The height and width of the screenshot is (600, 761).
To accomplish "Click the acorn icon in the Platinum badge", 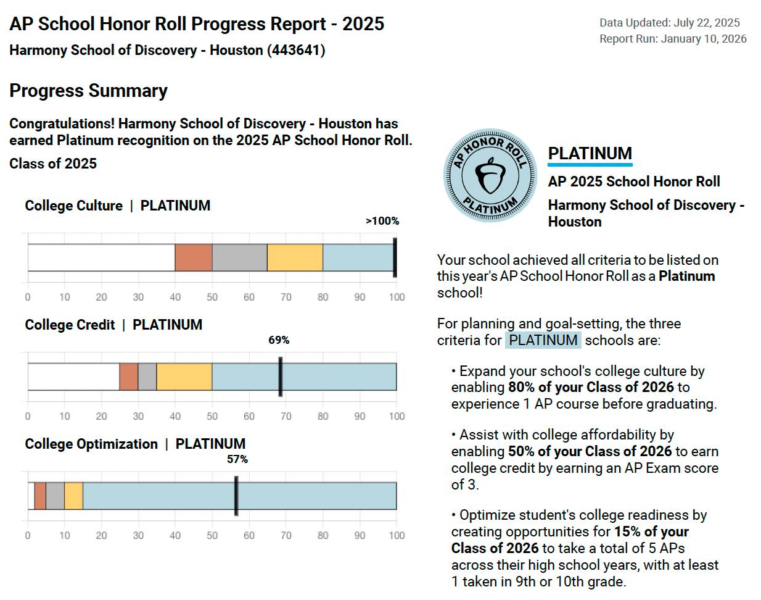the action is click(490, 175).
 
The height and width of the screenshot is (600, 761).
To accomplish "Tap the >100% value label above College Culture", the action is click(382, 221).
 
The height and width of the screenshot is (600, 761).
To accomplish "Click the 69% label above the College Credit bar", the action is click(279, 340).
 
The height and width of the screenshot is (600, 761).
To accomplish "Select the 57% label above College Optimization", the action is click(237, 459).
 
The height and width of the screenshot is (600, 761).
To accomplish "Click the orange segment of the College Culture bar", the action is click(194, 257).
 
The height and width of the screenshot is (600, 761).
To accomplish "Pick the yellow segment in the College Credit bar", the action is click(184, 377).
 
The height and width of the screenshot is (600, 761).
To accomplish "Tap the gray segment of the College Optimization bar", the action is click(55, 496).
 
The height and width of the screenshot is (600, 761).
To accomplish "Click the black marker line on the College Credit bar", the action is click(281, 377).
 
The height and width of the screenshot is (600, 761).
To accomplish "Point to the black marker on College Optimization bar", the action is click(236, 496).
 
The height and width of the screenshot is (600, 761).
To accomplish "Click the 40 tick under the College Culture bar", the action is click(175, 297).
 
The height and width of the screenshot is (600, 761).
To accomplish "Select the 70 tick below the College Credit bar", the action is click(286, 416).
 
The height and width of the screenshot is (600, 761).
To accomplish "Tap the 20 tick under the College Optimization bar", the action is click(102, 536).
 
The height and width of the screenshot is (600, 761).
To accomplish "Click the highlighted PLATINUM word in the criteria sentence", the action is click(543, 340).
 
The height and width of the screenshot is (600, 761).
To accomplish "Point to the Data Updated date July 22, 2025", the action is click(707, 23).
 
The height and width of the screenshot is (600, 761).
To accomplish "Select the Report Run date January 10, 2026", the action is click(704, 39).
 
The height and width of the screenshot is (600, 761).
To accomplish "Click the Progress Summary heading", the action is click(88, 91).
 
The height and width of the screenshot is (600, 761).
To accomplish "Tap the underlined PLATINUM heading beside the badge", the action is click(590, 154).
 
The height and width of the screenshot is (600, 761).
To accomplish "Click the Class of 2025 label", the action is click(53, 164).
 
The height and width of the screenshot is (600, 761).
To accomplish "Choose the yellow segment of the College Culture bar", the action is click(295, 257).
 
